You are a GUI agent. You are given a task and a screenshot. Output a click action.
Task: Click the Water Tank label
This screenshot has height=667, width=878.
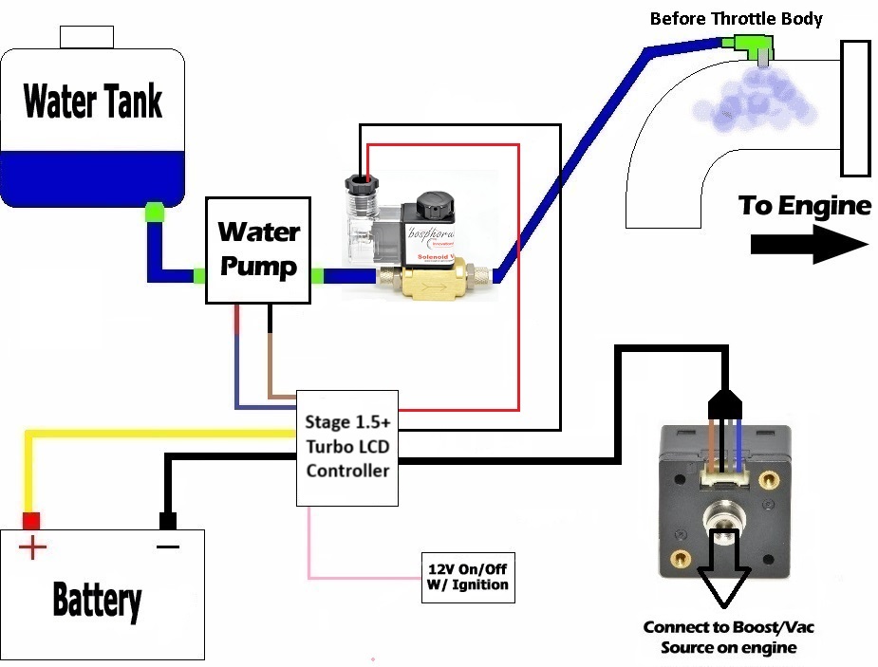93,101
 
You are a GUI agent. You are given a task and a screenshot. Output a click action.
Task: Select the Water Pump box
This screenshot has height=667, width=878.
258,250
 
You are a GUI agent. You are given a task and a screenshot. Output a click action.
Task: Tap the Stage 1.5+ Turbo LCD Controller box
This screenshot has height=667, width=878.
347,445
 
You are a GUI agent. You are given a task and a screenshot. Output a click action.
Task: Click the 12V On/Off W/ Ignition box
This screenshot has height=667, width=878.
467,576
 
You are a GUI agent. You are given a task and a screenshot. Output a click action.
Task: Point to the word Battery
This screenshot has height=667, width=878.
97,600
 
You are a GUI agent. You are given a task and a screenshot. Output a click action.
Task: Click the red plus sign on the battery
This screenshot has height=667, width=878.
32,547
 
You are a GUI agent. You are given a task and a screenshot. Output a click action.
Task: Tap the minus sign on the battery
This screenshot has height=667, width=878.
168,547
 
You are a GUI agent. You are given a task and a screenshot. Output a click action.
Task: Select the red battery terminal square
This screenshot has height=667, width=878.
31,520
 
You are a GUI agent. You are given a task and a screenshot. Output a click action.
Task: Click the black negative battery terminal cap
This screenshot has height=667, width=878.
168,520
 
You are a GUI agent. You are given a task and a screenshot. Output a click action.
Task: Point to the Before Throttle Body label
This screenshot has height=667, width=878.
736,18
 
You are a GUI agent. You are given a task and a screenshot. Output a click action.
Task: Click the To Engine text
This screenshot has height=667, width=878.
805,205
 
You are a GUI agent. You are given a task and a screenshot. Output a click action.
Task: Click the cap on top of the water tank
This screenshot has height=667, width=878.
86,37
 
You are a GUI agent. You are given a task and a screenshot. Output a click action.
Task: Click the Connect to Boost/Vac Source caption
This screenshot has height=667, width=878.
728,638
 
